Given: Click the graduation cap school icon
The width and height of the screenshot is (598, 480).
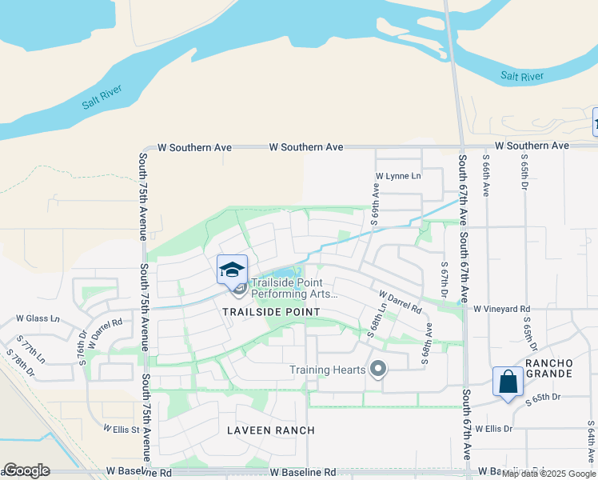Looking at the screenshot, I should (x=232, y=269).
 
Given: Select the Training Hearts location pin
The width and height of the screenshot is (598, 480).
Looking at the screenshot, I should (x=379, y=369).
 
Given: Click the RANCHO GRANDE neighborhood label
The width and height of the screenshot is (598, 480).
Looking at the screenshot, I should (x=548, y=368).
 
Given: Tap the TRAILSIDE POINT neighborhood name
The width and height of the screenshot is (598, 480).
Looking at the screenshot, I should (x=272, y=312).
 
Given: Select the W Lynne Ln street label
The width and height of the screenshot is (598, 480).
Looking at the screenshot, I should (x=397, y=176).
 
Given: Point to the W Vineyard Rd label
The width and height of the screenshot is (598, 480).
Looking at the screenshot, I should (x=501, y=308).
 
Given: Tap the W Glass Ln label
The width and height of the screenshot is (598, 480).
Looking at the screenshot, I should (x=38, y=318).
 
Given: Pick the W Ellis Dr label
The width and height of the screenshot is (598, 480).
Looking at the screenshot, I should (x=493, y=429).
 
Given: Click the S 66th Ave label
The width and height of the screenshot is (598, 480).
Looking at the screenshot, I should (x=485, y=177).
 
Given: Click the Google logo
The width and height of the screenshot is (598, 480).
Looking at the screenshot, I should (x=26, y=470).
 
